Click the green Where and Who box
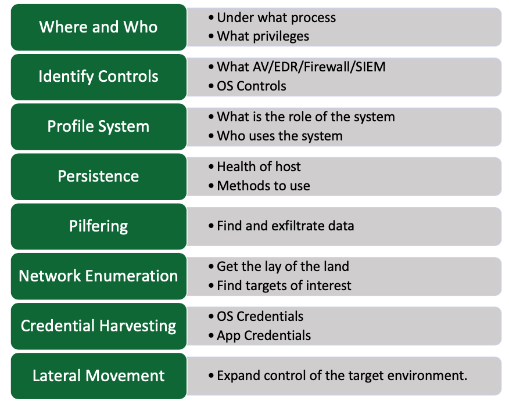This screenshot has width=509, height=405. pos(99,27)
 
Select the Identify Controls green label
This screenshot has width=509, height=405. pos(99,77)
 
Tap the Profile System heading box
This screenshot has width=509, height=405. pos(99,127)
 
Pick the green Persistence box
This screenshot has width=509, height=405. pos(99,177)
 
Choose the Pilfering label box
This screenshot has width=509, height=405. pos(99,226)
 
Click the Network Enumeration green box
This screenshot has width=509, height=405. pos(99,276)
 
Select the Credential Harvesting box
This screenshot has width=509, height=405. pos(99,326)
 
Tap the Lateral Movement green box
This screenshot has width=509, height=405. pos(99,376)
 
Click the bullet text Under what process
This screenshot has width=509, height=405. pos(276,18)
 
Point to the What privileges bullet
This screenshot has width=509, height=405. pos(263,37)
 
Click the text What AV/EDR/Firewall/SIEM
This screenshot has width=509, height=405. pos(301,67)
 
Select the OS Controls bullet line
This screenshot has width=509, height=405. pos(251,86)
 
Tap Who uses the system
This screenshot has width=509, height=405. pos(279,136)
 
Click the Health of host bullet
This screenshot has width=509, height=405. pos(259,167)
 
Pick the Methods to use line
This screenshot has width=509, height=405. pos(263,186)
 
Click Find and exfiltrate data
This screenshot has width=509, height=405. pos(285,226)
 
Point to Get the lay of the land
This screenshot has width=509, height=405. pos(283,266)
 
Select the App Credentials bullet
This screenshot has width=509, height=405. pos(264,335)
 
